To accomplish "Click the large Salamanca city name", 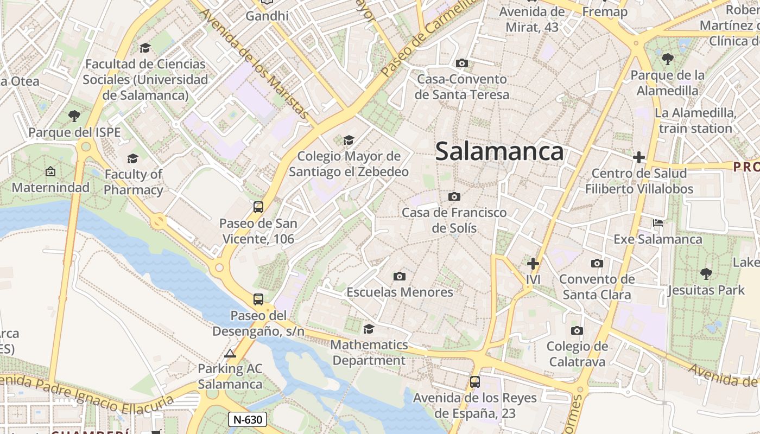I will [499, 151].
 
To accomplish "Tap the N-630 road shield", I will [248, 419].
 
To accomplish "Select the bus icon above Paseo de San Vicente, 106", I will [258, 207].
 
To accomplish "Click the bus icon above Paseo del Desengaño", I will [258, 299].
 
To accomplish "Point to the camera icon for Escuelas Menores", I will [400, 276].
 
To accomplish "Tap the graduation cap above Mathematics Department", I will [369, 329].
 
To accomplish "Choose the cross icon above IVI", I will [533, 264].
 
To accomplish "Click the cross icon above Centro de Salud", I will [639, 157].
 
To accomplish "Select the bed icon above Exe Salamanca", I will [658, 223].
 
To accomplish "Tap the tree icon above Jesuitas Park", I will [706, 273].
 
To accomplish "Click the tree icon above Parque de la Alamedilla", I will [667, 59].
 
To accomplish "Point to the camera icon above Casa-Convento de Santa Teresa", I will [462, 63].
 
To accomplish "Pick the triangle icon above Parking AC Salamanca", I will [230, 354].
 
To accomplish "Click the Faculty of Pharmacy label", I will [134, 182].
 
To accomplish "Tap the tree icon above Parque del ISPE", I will [74, 116].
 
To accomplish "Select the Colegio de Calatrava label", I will [577, 354].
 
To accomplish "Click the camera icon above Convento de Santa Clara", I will [597, 263].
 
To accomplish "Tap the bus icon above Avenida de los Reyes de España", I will [475, 381].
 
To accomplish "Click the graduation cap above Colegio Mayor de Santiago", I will [349, 141].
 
